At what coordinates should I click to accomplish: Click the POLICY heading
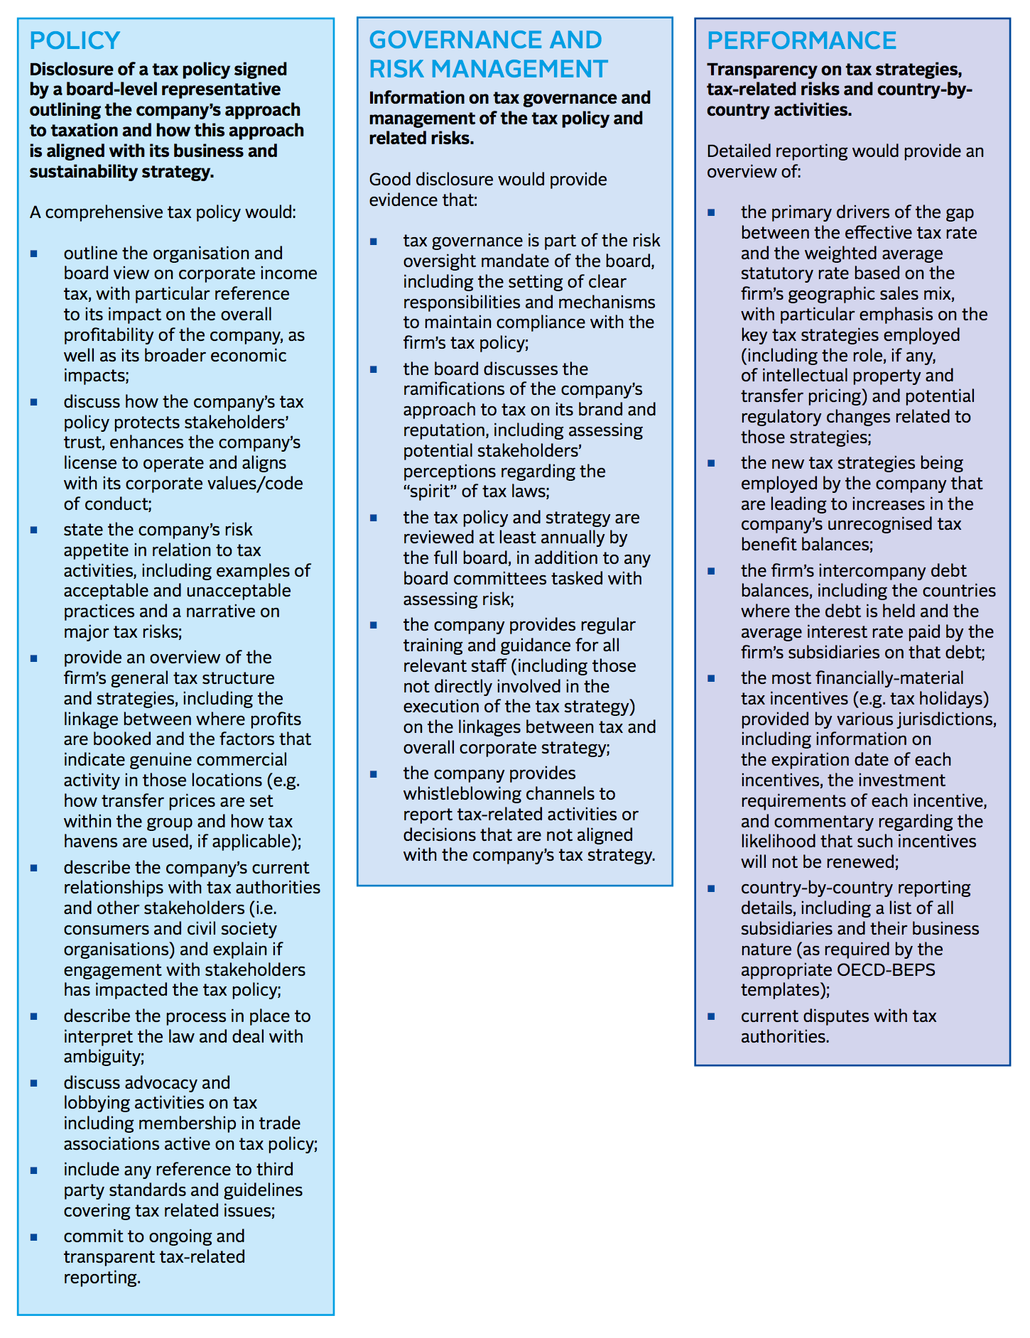75,40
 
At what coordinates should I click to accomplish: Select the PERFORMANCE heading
801,40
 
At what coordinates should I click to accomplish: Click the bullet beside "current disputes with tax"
711,1016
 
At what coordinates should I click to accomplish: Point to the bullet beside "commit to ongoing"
34,1236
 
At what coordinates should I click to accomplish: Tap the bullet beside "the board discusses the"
374,369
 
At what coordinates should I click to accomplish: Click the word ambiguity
102,1056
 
